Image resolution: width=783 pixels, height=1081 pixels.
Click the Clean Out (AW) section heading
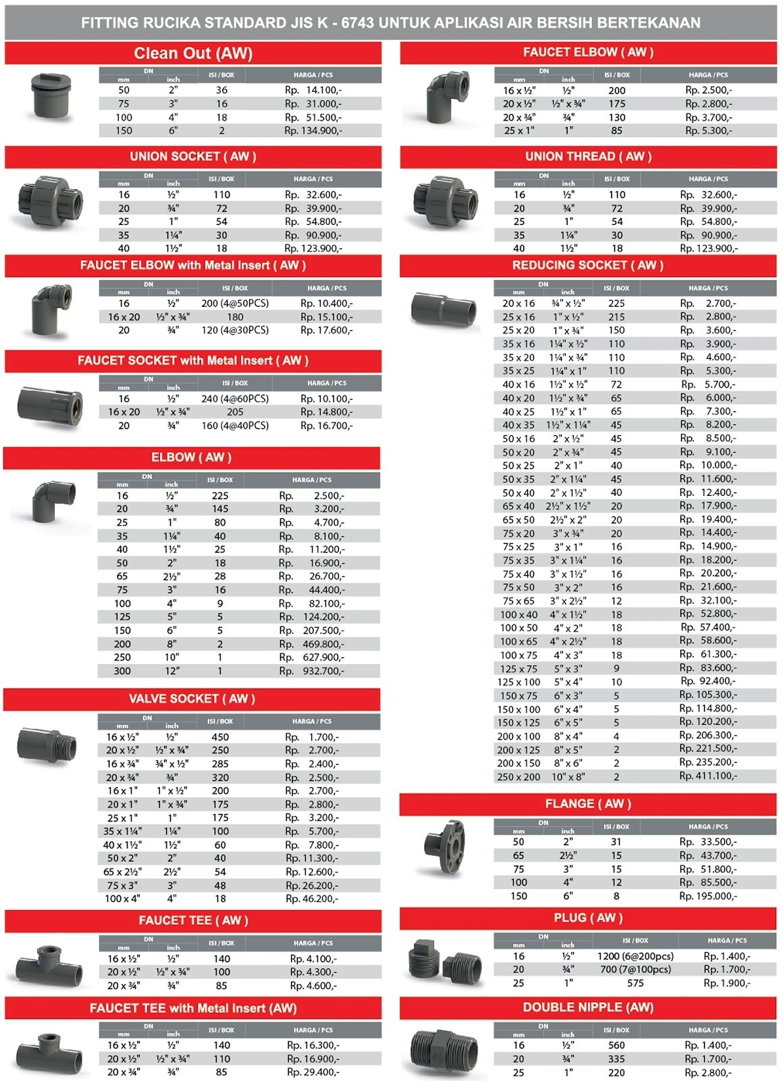tap(193, 53)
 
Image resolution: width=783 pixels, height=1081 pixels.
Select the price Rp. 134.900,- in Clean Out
tap(313, 130)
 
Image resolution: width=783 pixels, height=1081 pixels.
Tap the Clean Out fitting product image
tap(49, 95)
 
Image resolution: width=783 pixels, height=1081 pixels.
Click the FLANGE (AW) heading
tap(588, 804)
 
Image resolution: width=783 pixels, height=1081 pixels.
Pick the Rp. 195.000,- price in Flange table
tap(708, 896)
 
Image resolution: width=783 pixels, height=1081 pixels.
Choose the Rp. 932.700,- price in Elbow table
tap(311, 671)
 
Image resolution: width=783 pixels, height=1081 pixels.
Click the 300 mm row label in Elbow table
tap(122, 671)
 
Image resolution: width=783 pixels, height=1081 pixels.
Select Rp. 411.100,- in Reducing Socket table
tap(708, 776)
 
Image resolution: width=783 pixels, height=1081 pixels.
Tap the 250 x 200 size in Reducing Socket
tap(518, 777)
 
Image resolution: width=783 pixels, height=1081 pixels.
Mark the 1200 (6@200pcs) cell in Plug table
tap(635, 956)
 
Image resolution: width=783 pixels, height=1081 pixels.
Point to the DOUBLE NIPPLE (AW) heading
tap(588, 1007)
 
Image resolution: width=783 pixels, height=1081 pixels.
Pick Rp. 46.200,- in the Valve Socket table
tap(312, 899)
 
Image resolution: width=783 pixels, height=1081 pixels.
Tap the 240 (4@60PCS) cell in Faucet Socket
tap(235, 399)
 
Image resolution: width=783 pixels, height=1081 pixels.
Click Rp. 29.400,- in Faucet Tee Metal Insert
tap(313, 1072)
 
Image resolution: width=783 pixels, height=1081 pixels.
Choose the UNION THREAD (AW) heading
tap(588, 157)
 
